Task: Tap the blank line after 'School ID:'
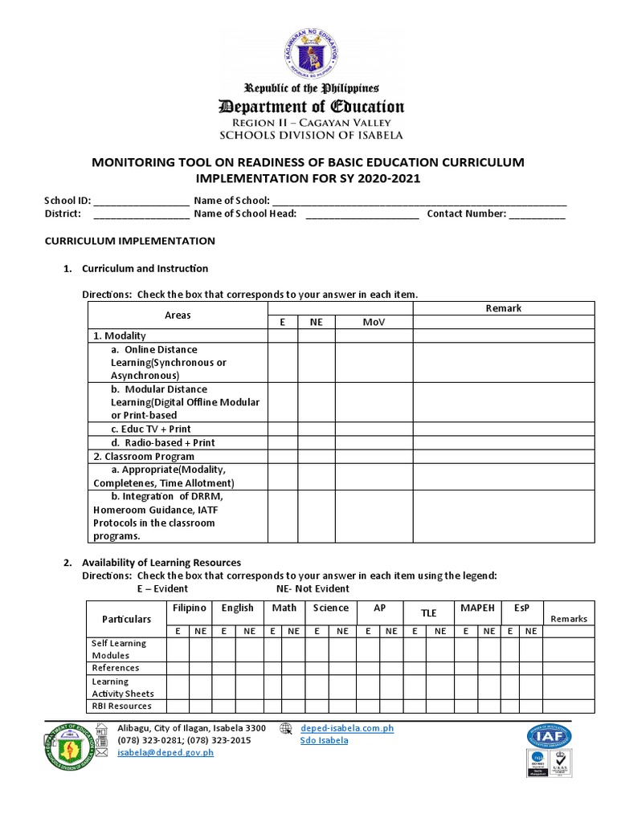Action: pos(142,201)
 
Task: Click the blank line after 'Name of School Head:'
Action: pos(362,214)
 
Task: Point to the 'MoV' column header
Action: pos(374,322)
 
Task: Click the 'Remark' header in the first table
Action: pos(503,308)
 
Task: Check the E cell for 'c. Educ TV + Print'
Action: pos(283,429)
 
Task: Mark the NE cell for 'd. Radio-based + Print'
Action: pos(317,443)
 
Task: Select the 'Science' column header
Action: pos(331,608)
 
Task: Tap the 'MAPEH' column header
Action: pos(477,608)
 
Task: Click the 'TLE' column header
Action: pos(429,613)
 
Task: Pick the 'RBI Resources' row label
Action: pos(121,706)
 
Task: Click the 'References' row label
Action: pos(116,668)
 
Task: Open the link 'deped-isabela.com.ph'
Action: pos(347,729)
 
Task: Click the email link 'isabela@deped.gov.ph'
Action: pos(165,753)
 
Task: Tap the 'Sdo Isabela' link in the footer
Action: pos(324,741)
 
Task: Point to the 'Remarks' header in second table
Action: pos(569,619)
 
